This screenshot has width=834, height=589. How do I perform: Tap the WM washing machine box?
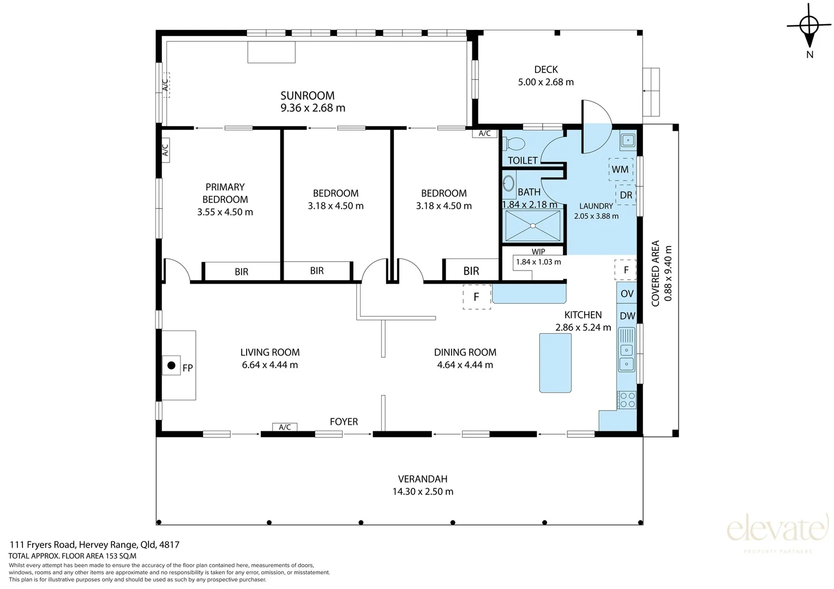[x=621, y=170]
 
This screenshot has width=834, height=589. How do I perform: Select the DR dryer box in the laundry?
[x=626, y=195]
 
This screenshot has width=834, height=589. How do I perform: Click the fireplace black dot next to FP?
[x=171, y=365]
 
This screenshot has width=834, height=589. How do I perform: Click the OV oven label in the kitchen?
[x=627, y=294]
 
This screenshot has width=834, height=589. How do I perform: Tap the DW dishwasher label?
[x=627, y=316]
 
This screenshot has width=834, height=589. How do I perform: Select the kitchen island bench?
[x=555, y=363]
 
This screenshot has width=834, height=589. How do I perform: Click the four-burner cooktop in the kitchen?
[x=627, y=400]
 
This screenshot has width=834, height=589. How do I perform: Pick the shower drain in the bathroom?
[x=533, y=226]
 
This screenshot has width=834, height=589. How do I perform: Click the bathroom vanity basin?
[x=508, y=183]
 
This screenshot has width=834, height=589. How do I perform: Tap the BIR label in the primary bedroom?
[x=241, y=272]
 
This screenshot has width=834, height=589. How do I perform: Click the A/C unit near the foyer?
[x=285, y=427]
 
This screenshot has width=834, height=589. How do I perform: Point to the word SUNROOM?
[x=308, y=95]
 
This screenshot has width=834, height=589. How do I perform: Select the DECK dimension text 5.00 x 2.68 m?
[x=546, y=82]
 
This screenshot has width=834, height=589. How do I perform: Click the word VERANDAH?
[x=423, y=479]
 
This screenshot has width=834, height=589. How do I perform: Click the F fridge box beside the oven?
[x=626, y=270]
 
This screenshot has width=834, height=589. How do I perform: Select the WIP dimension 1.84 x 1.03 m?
[x=538, y=262]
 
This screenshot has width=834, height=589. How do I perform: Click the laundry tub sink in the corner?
[x=628, y=140]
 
